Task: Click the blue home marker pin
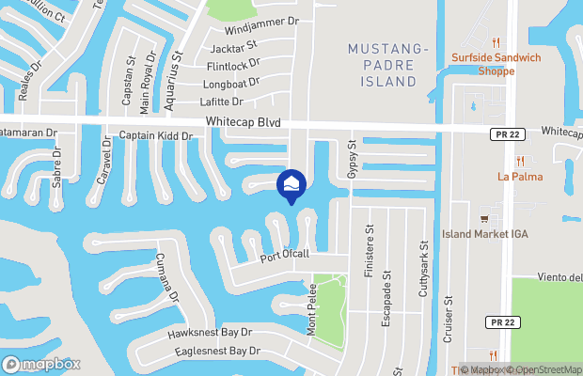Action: pos(291,185)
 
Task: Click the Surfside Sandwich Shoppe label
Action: pos(496,63)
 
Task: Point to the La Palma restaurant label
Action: pos(520,176)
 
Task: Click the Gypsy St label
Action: pos(354,158)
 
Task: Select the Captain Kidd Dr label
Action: pos(156,136)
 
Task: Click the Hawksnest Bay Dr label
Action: pos(210,333)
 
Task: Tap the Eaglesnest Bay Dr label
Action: pos(216,352)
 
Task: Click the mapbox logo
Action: pos(40,364)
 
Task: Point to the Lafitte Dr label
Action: pos(222,102)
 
